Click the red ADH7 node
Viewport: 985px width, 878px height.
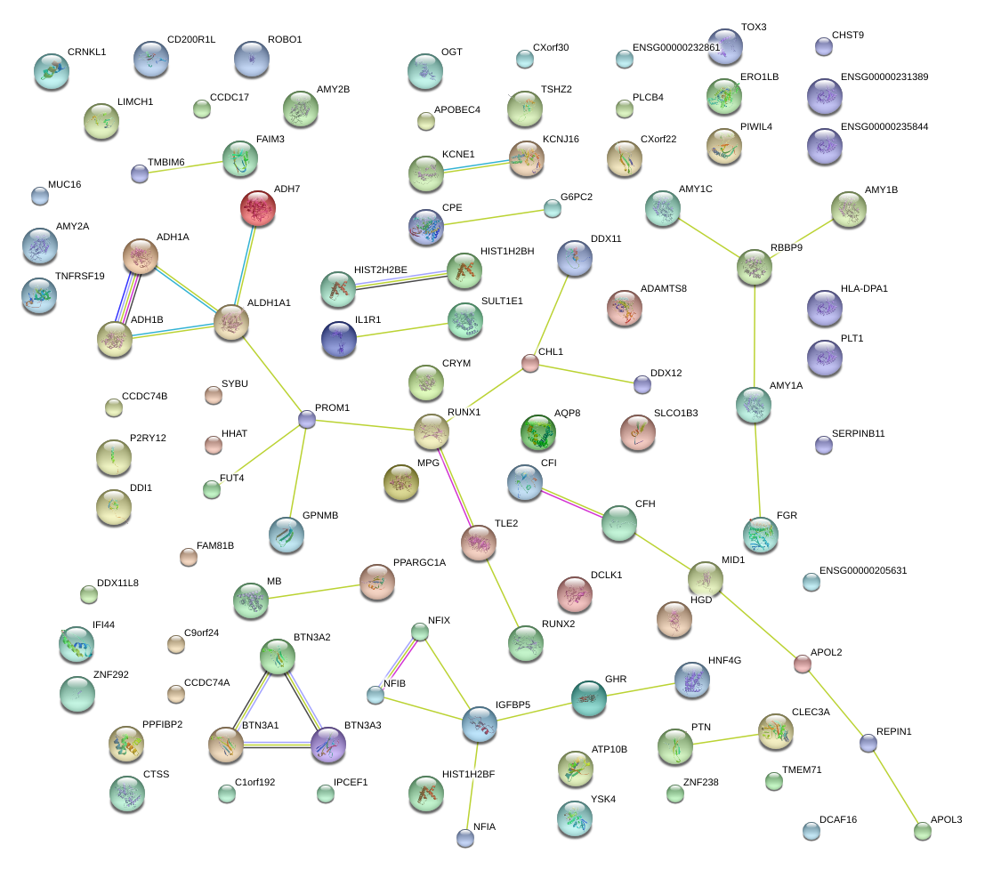tap(257, 208)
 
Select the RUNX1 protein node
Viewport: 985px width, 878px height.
tap(431, 431)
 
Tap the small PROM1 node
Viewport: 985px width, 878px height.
tap(307, 419)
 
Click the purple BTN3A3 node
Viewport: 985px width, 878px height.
tap(328, 745)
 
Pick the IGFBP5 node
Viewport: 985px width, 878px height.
tap(480, 724)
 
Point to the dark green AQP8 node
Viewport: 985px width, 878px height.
tap(537, 432)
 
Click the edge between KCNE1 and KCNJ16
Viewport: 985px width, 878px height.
tap(476, 166)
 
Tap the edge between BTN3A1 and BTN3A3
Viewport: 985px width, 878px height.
tap(277, 745)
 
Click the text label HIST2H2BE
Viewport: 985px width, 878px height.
tap(381, 270)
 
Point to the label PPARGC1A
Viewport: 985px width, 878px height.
tap(420, 563)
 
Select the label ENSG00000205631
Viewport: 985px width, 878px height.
tap(863, 571)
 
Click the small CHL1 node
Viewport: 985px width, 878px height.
tap(530, 363)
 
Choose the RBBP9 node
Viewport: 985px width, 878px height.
tap(755, 267)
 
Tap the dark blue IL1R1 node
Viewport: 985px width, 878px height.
tap(339, 339)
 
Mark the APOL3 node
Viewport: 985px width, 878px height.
tap(922, 831)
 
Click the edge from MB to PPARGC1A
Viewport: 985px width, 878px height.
tap(314, 592)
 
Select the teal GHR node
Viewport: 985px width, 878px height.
tap(589, 698)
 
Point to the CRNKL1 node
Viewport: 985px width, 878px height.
tap(52, 71)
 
